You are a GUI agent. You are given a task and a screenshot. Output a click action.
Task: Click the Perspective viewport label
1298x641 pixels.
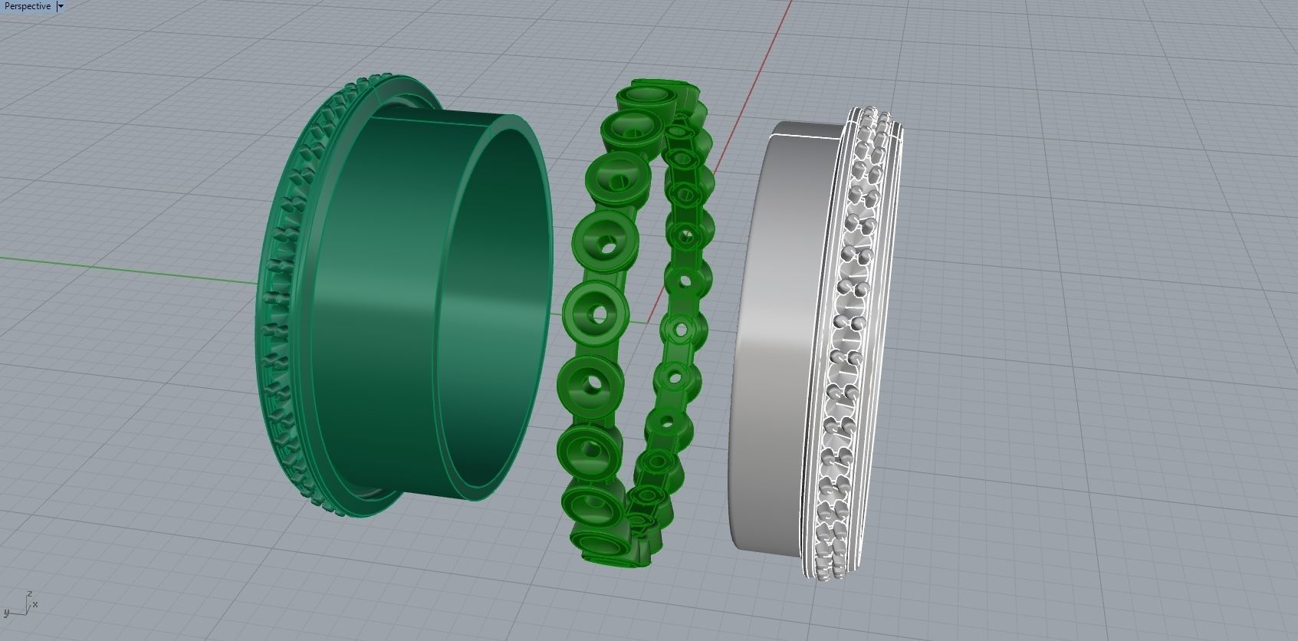(x=28, y=6)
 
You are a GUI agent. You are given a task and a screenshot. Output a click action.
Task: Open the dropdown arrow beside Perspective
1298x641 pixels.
(x=61, y=6)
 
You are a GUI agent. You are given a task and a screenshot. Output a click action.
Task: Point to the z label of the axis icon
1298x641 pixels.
(x=29, y=593)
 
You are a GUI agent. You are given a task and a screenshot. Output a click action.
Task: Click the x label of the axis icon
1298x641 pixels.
(x=35, y=604)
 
